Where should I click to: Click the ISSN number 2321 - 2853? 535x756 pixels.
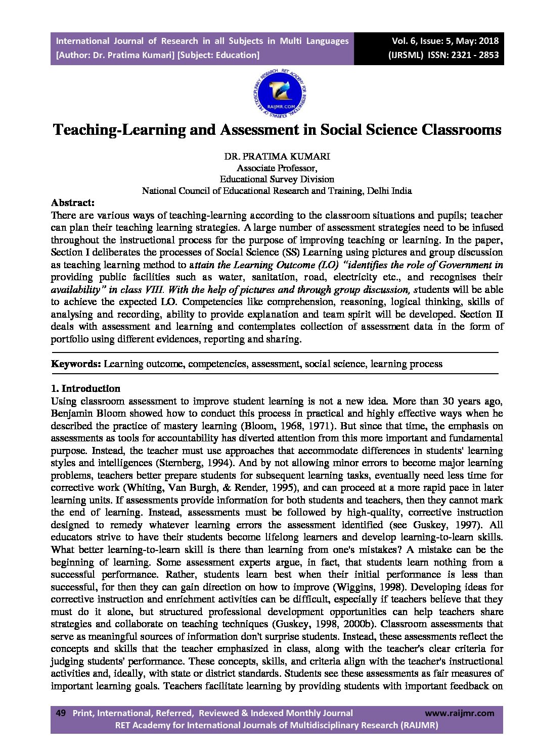[473, 55]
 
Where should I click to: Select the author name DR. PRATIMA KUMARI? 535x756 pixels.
[277, 157]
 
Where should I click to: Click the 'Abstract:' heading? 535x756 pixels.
[73, 203]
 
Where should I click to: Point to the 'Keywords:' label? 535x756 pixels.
[76, 364]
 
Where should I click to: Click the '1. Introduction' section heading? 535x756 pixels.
[85, 388]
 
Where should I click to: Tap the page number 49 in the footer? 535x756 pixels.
[61, 713]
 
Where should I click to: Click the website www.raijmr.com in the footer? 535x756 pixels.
[459, 713]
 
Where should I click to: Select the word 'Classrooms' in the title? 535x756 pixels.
[461, 130]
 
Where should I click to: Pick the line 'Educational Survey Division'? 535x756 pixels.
[277, 179]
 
